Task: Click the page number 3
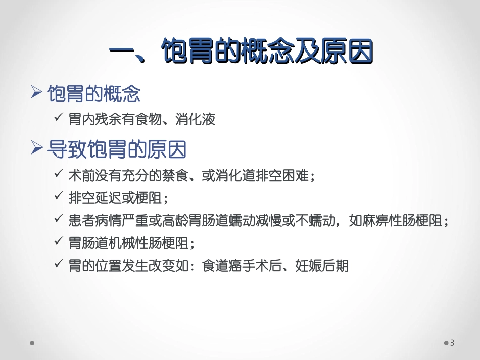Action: coord(452,343)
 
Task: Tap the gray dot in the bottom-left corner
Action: coord(32,343)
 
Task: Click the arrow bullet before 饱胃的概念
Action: coord(36,93)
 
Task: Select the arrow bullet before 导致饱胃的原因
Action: coord(36,149)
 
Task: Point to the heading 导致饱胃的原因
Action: coord(117,149)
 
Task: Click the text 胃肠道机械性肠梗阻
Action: coord(128,243)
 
